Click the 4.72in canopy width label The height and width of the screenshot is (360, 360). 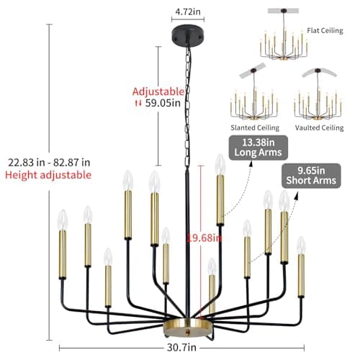tap(184, 12)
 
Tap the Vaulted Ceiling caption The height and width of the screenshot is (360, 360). tap(319, 127)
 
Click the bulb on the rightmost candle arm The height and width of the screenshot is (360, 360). tap(301, 245)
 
